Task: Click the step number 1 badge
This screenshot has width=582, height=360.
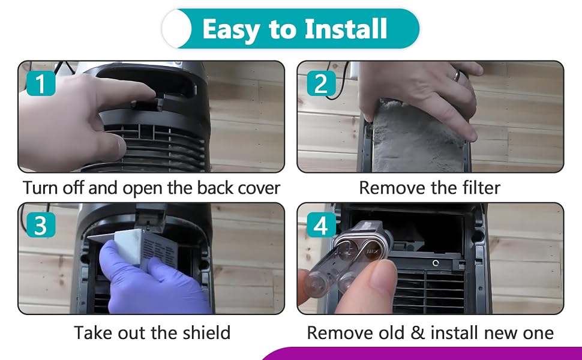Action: tap(41, 83)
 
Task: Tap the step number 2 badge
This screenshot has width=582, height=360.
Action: tap(321, 83)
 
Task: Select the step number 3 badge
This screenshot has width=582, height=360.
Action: tap(41, 225)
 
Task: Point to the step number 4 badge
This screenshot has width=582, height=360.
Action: tap(321, 225)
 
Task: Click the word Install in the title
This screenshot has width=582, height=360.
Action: tap(346, 29)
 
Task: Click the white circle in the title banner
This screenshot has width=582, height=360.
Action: tap(177, 29)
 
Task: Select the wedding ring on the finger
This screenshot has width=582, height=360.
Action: tap(456, 76)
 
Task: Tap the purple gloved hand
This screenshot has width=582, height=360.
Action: tap(148, 278)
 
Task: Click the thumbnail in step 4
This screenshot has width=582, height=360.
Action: tap(382, 277)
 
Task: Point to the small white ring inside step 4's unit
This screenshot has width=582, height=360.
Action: tap(436, 263)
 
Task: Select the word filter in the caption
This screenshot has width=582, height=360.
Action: tap(481, 187)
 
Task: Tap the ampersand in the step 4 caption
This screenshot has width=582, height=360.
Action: tap(418, 332)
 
